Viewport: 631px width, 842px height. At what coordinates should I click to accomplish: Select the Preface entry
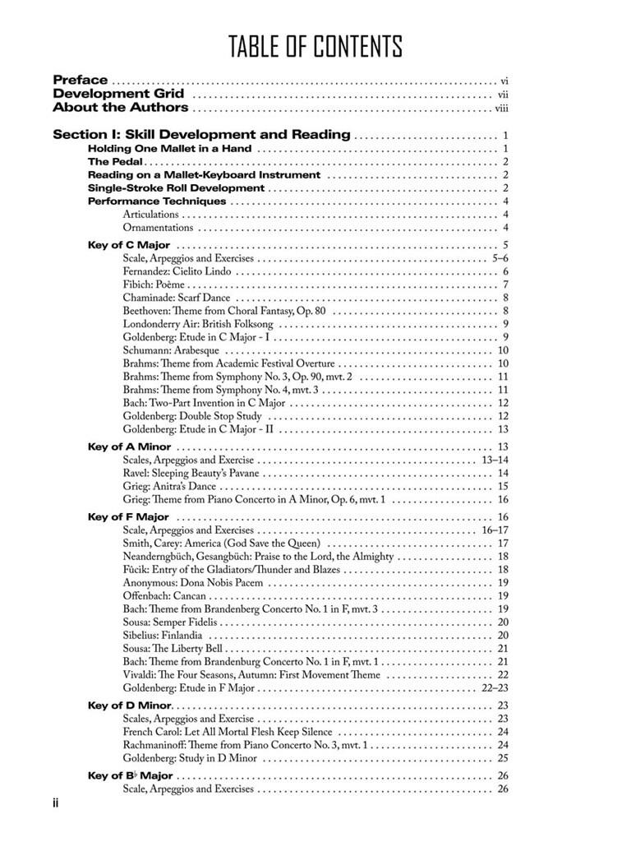click(81, 81)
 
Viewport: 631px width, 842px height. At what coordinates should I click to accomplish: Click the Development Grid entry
click(113, 95)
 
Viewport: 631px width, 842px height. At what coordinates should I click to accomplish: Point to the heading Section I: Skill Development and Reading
click(201, 135)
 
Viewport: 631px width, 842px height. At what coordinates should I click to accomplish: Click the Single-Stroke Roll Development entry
click(177, 188)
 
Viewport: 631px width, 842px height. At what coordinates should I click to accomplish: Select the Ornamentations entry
click(159, 228)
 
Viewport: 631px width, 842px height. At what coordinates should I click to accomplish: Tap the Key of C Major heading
click(129, 245)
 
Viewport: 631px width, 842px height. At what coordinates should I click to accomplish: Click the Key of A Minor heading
click(130, 446)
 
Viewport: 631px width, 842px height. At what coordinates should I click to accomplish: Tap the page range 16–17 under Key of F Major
click(495, 530)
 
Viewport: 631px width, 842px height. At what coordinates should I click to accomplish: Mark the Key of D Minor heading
click(130, 706)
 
